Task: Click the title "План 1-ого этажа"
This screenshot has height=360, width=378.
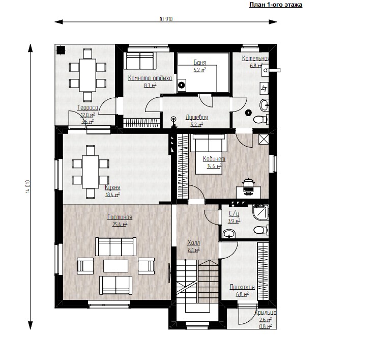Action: pos(275,5)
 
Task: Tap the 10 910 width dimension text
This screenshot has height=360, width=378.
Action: pos(166,19)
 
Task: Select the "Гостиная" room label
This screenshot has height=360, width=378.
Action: pos(117,217)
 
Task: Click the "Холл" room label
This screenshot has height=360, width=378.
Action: pos(194,243)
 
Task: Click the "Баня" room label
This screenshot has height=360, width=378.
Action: pos(200,63)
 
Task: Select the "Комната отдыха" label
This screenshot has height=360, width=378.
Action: pos(150,78)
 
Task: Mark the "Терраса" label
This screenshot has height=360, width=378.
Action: pos(88,108)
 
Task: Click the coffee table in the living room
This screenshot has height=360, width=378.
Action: pos(116,266)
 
